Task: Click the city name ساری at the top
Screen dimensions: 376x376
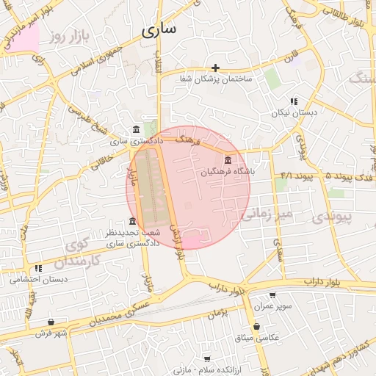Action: pos(160,30)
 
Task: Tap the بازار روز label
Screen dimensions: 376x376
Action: pos(65,35)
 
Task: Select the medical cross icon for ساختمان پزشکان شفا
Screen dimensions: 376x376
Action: pos(215,68)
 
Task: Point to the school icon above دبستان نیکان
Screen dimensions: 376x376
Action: pos(293,101)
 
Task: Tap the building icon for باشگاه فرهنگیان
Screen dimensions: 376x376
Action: pos(228,160)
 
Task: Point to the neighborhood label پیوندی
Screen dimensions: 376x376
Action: pos(332,217)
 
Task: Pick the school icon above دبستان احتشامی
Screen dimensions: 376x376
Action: pos(38,268)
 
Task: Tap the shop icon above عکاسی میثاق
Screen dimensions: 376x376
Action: pos(256,327)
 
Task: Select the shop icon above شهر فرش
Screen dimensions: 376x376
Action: pos(51,322)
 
